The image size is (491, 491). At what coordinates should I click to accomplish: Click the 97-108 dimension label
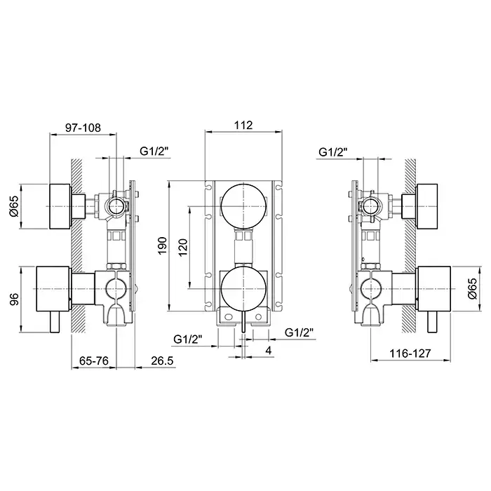(83, 128)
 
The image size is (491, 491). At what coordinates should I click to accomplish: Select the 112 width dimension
(243, 126)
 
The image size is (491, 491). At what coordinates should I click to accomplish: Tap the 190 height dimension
(162, 245)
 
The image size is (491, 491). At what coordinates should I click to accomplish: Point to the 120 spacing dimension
(183, 248)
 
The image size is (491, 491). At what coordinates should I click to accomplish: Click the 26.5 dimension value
(162, 361)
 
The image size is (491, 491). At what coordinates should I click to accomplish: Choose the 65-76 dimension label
(93, 361)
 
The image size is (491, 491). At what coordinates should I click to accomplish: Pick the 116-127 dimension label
(410, 354)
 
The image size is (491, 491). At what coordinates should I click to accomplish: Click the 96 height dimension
(15, 299)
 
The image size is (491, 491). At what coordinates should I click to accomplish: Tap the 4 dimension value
(269, 351)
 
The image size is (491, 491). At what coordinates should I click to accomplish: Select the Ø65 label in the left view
(15, 206)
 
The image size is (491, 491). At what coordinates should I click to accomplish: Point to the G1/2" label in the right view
(333, 152)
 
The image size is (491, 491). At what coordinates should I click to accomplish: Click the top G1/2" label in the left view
(154, 152)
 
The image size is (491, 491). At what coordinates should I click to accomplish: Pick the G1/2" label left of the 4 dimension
(188, 339)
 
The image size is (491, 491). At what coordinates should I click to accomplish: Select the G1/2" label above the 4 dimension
(300, 332)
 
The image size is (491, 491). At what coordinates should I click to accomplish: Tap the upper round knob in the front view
(243, 206)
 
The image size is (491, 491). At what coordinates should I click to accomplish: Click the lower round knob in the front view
(243, 289)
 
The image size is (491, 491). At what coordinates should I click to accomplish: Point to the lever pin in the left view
(55, 322)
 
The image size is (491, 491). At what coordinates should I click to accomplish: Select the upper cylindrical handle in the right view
(426, 206)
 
